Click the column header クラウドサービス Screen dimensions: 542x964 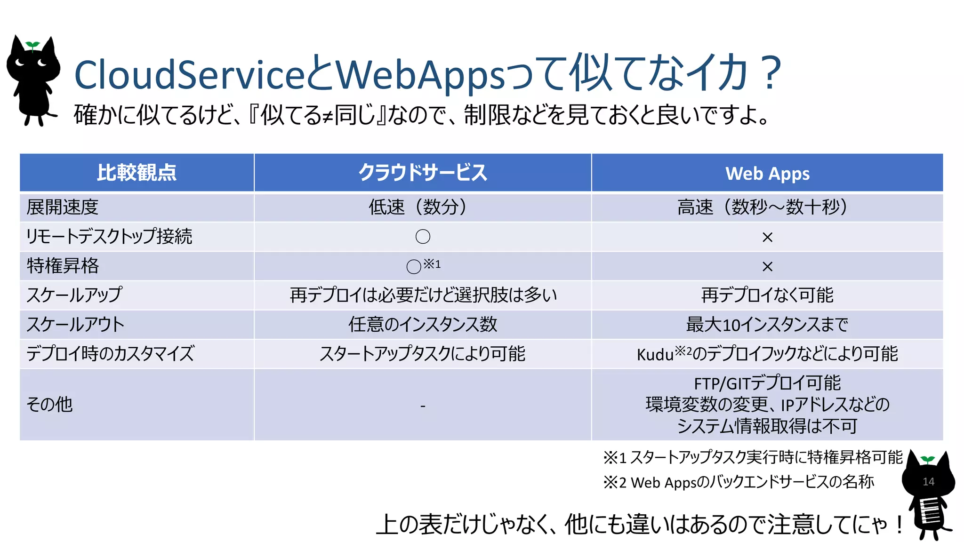click(x=422, y=173)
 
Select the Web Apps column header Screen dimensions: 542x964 click(x=767, y=174)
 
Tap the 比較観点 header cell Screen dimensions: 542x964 click(x=137, y=173)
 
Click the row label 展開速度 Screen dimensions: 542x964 click(x=63, y=207)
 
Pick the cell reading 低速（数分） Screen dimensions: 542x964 click(x=418, y=207)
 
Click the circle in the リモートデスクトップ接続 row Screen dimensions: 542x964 click(x=423, y=237)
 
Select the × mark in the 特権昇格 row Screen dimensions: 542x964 click(x=767, y=267)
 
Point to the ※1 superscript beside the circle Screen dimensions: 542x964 click(x=432, y=264)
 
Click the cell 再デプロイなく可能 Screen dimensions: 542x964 click(x=767, y=295)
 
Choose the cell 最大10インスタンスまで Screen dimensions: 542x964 click(x=767, y=325)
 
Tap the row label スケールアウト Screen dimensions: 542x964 click(x=75, y=325)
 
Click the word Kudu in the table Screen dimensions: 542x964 click(x=655, y=355)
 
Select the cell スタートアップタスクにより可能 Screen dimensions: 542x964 click(x=422, y=354)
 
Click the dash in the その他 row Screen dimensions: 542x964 click(x=423, y=406)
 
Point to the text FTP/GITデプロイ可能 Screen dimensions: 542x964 click(x=767, y=383)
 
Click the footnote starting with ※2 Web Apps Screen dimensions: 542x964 click(x=739, y=482)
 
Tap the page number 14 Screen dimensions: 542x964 click(x=928, y=482)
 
